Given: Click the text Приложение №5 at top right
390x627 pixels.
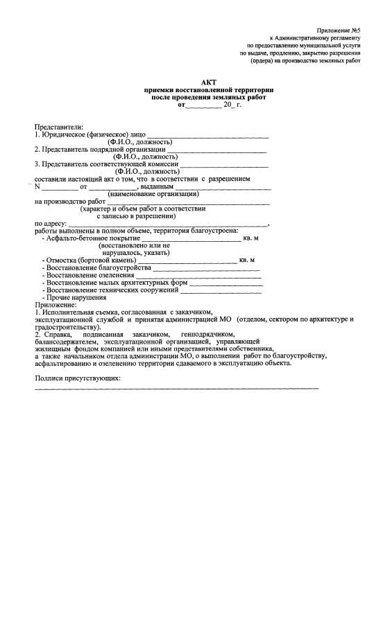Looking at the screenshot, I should pyautogui.click(x=338, y=30).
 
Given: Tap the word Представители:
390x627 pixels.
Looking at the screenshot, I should pyautogui.click(x=59, y=127).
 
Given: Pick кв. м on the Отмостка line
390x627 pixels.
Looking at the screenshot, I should pyautogui.click(x=246, y=260).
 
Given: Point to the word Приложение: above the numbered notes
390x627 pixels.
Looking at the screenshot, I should pyautogui.click(x=56, y=305).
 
